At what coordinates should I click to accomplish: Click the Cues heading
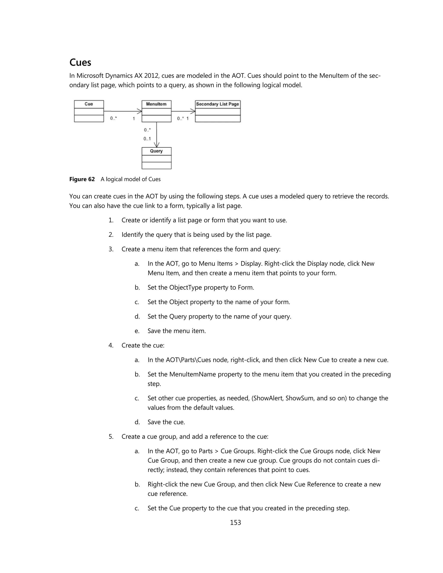click(80, 62)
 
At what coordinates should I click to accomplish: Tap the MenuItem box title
click(156, 104)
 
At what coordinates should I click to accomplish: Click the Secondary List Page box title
click(217, 104)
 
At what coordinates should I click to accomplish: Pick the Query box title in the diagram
click(156, 151)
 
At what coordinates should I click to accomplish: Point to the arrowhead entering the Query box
click(157, 145)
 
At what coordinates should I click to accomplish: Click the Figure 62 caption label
click(82, 179)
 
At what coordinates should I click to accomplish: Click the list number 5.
click(111, 437)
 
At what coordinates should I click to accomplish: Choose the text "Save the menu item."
click(177, 331)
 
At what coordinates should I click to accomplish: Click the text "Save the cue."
click(166, 422)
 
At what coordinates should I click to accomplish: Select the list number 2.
click(111, 235)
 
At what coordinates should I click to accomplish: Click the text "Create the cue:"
click(143, 346)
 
